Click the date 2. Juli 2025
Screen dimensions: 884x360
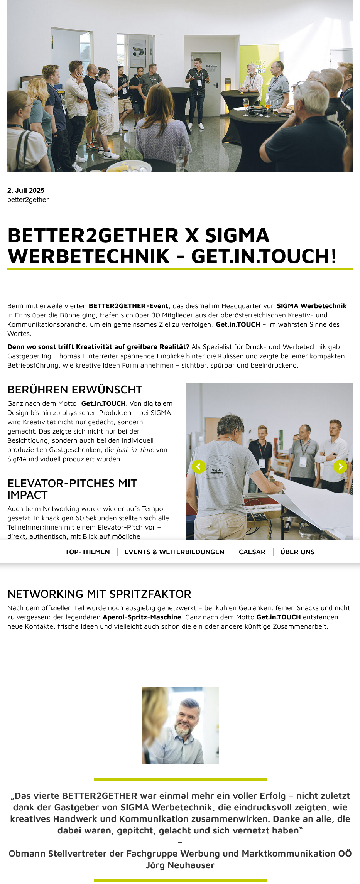[26, 190]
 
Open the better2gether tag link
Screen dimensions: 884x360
[28, 200]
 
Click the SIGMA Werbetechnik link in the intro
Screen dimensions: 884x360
[311, 306]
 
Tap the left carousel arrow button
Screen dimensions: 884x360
[198, 467]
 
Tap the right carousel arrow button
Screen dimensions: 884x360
[340, 467]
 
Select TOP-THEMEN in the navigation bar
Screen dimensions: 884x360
[87, 552]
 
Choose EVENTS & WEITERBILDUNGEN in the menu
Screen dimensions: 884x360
[174, 552]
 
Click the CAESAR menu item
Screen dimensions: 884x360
[252, 552]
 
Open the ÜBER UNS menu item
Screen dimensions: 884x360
[297, 552]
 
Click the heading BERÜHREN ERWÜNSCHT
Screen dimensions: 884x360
[75, 390]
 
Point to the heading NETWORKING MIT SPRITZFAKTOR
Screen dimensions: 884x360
[99, 594]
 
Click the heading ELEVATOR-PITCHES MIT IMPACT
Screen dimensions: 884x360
[72, 489]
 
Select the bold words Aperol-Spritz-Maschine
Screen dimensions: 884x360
[142, 617]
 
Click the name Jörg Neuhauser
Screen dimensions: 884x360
[180, 865]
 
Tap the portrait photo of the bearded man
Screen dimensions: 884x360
[180, 725]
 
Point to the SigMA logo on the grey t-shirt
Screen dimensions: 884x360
[217, 470]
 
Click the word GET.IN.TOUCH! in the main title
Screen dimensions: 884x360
[264, 256]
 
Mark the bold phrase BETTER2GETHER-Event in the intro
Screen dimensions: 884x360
[128, 306]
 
